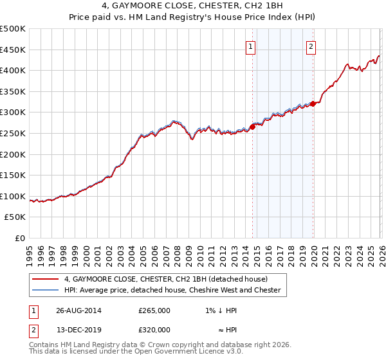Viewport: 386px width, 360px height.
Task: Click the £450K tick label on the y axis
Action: click(13, 50)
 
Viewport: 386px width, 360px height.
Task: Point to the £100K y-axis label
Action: click(13, 196)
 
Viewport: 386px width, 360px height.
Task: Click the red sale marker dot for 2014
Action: click(252, 127)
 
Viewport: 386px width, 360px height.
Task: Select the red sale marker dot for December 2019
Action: click(313, 104)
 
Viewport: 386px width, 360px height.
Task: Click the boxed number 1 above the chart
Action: click(250, 46)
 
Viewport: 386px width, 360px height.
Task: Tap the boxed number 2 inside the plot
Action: click(311, 46)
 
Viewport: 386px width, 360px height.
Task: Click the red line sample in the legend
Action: click(45, 279)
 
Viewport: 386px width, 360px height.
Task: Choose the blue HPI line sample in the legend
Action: click(45, 290)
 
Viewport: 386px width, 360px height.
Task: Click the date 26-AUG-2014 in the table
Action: click(78, 310)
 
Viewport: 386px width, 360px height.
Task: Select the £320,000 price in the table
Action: click(154, 330)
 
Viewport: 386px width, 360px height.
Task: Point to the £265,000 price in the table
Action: click(154, 310)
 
